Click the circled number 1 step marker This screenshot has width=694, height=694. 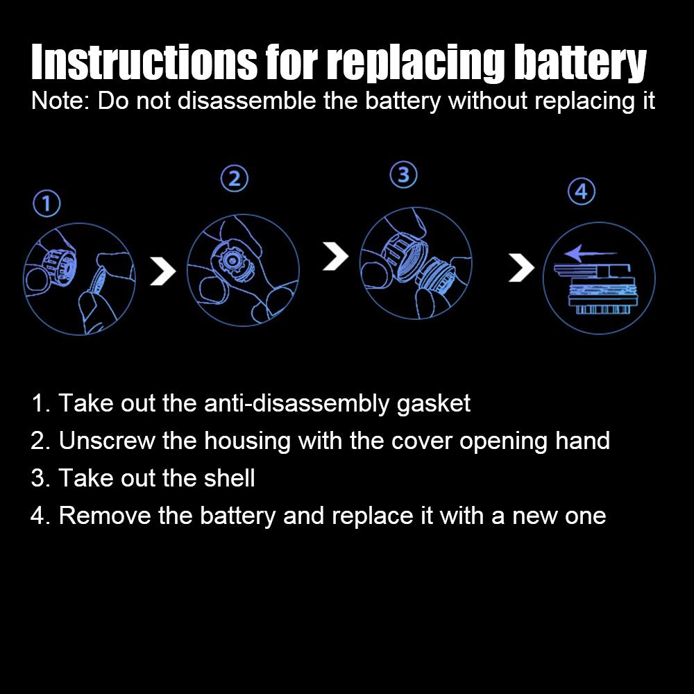pos(46,204)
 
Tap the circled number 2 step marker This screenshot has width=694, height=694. pos(235,179)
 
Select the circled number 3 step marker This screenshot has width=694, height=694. pos(405,176)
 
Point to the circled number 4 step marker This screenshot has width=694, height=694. pos(582,192)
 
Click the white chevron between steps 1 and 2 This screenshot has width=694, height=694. pos(163,271)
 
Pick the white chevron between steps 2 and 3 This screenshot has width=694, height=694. pos(336,257)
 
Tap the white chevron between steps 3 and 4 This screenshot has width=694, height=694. pos(521,267)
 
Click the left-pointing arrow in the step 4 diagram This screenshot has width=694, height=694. pos(580,254)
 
